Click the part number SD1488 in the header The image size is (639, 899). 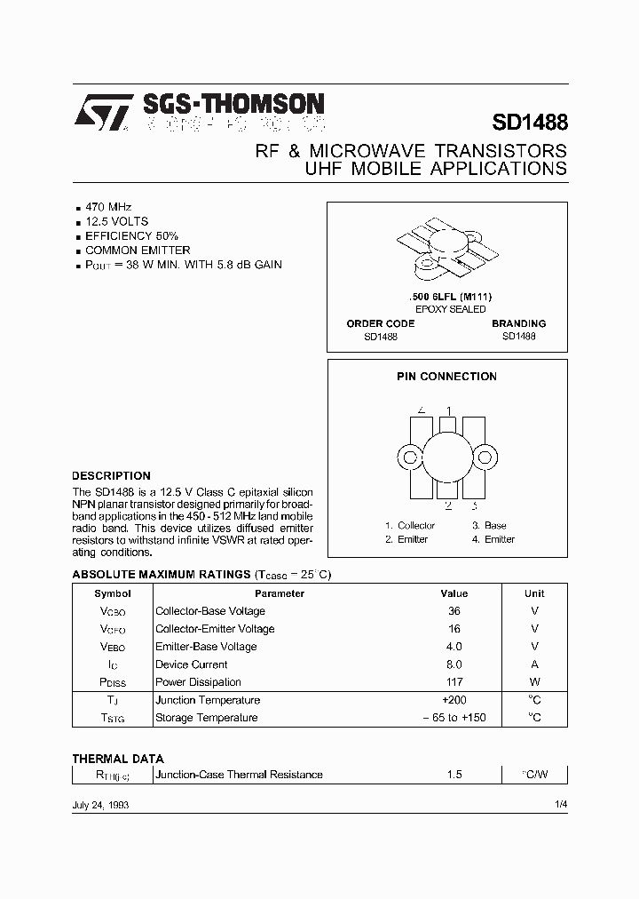point(529,121)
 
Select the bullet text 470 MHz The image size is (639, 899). point(108,206)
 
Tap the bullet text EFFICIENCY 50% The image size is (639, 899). point(131,236)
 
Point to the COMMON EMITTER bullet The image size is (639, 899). point(138,251)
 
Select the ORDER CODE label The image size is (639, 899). point(380,324)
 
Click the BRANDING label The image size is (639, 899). point(518,324)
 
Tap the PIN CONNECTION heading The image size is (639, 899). point(446,377)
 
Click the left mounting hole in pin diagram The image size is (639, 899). point(410,458)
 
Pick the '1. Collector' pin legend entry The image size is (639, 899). point(410,526)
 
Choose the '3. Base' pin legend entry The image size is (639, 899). point(489,526)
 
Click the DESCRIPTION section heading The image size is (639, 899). point(111,476)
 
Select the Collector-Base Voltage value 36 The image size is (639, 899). point(454,611)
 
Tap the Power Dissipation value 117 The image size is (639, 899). point(454,682)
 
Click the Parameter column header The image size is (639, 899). point(280,593)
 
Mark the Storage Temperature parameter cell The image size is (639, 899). point(206,718)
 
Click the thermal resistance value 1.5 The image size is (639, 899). point(454,775)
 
